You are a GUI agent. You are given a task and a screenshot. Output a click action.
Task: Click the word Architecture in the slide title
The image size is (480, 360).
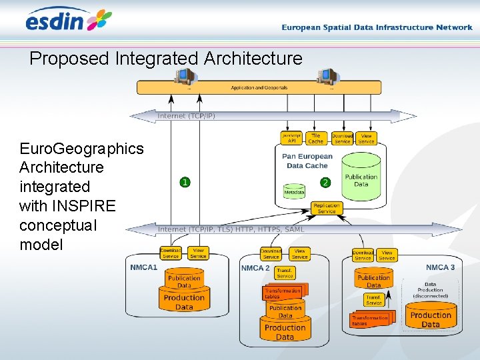[253, 59]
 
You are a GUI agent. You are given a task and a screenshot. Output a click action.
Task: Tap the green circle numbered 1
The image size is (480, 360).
[185, 182]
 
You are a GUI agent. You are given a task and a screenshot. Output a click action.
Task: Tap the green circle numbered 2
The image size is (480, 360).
[325, 182]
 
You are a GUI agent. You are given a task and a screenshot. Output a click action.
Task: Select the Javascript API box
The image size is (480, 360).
[292, 138]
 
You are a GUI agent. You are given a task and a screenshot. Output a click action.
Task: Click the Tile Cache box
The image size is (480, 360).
[316, 138]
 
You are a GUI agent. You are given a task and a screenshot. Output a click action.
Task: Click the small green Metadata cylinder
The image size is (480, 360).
[294, 191]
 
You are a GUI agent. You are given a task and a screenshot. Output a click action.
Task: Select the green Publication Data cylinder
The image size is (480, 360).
[361, 179]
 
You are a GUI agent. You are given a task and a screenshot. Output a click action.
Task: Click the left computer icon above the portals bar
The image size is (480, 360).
[182, 77]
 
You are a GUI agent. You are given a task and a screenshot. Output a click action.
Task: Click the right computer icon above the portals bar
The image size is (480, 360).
[327, 77]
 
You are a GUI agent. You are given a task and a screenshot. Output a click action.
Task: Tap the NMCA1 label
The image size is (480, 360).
[144, 267]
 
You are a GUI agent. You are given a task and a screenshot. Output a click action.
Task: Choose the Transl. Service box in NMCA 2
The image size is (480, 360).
[285, 273]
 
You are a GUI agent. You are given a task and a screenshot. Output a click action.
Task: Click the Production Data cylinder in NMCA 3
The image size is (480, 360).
[431, 319]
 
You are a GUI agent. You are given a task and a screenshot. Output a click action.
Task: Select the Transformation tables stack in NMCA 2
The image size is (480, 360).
[283, 293]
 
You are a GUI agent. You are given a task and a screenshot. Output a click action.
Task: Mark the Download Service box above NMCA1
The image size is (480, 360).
[171, 253]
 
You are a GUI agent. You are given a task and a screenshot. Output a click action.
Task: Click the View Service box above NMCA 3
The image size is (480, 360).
[387, 255]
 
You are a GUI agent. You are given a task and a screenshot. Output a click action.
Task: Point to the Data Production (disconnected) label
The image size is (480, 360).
[431, 290]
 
